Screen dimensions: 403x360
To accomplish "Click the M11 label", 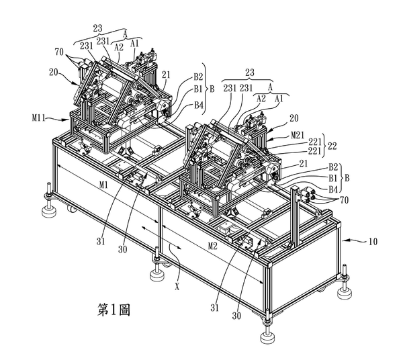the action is [38, 118].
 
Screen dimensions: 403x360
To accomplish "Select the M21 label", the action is [298, 135].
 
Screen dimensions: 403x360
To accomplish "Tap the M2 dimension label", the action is [212, 246].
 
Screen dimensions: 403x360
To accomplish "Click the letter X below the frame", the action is [177, 287].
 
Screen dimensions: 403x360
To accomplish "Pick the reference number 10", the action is [373, 242].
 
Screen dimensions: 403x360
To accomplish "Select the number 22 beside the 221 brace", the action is [332, 146].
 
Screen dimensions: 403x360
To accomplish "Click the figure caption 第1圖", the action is [114, 310].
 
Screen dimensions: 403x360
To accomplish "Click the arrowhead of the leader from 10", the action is [344, 240].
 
